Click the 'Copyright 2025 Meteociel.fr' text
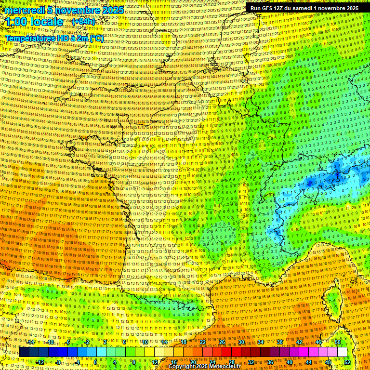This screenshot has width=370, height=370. coord(204,366)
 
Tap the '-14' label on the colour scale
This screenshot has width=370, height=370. coord(32,342)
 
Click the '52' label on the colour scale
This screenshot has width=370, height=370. coord(347,362)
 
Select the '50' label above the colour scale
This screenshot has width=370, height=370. coord(338,342)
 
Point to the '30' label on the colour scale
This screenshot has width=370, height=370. coord(241,342)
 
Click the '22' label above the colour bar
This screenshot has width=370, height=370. coord(203,342)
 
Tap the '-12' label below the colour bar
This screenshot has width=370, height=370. coord(41,362)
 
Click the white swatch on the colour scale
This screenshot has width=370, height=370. coord(342,352)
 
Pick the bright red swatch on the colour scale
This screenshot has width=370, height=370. coord(226,352)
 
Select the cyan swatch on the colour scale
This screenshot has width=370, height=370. coord(92,352)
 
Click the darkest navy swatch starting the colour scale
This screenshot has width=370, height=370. coord(24,352)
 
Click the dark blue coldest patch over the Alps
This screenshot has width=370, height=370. coord(308,184)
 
